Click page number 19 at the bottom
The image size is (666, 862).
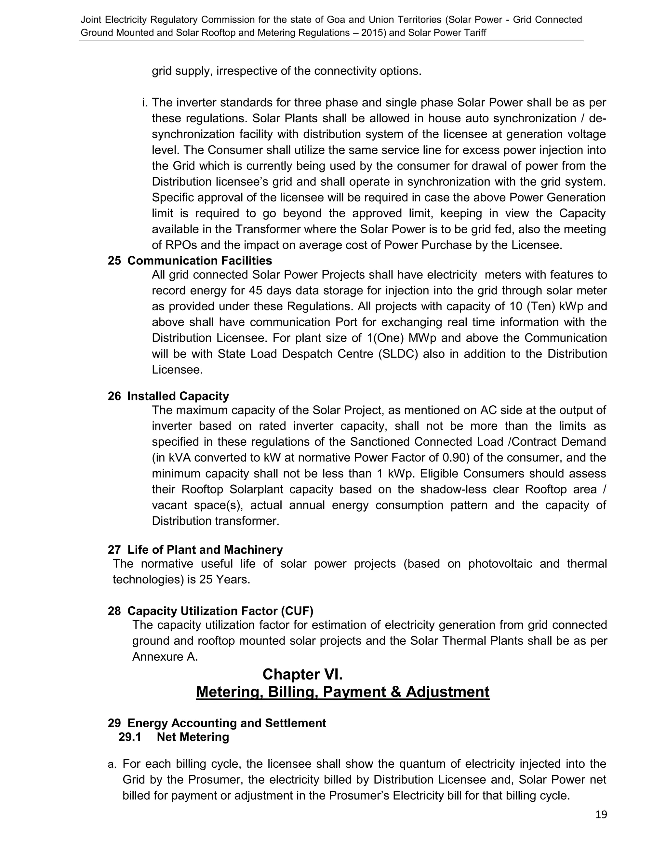coord(601,815)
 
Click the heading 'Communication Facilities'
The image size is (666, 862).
coord(200,261)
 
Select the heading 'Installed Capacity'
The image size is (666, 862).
coord(178,396)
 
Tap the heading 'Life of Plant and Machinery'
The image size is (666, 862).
coord(205,550)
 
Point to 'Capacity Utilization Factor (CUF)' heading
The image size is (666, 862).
coord(220,611)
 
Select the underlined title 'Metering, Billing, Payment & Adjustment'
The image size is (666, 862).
coord(342,692)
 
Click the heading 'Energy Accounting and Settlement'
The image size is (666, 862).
coord(226,723)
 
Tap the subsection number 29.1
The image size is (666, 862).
coord(130,737)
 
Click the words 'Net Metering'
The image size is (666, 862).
coord(193,737)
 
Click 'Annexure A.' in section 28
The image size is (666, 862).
coord(165,657)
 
